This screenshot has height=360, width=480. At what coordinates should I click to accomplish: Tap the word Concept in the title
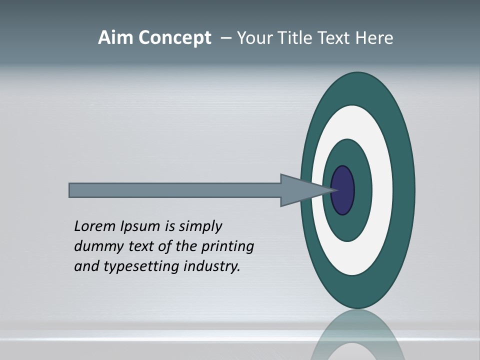[x=174, y=38]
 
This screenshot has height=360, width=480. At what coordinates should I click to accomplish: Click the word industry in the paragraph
[x=212, y=266]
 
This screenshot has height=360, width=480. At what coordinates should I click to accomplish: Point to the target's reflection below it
[x=357, y=335]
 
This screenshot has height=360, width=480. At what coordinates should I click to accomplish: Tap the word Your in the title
[x=252, y=38]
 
